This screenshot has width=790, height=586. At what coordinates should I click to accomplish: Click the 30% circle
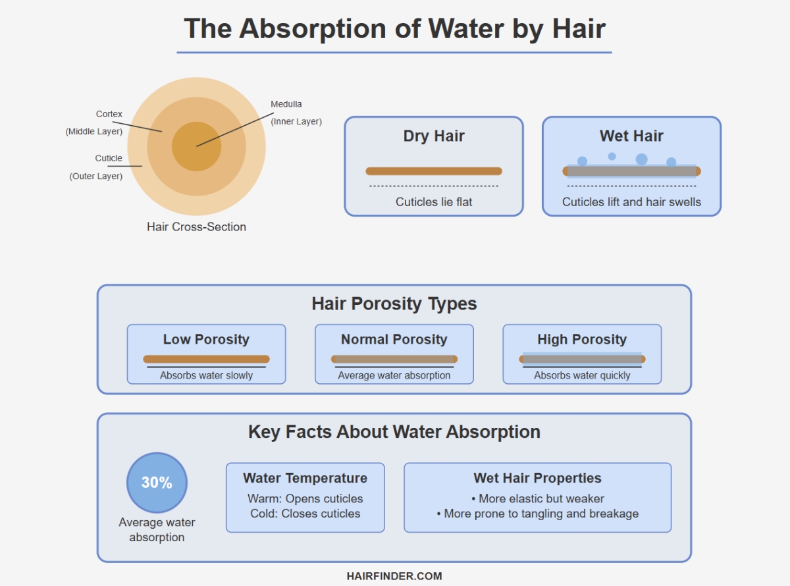pos(157,483)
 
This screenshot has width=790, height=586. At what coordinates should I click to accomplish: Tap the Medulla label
pos(286,105)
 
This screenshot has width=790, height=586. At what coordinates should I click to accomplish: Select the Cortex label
pos(109,114)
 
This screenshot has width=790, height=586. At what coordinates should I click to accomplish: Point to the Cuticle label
pos(109,158)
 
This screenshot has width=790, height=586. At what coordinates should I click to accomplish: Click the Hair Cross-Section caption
pos(196,227)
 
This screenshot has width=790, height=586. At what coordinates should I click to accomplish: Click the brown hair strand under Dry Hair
pos(434,171)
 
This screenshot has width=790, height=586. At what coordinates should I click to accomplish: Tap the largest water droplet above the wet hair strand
pos(641,159)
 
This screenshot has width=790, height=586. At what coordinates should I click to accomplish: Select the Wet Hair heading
pos(631,136)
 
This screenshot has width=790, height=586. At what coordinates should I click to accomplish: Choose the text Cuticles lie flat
pos(434,202)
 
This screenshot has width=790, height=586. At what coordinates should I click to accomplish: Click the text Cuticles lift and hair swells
pos(631,202)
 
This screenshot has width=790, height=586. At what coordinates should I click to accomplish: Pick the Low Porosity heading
pos(206,340)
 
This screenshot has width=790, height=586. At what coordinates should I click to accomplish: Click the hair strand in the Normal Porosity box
pos(394,359)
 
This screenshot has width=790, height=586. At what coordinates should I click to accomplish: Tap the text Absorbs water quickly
pos(582,375)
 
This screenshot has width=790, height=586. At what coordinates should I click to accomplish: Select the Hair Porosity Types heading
pos(394,304)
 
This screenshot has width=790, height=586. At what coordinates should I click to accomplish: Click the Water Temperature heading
pos(305,478)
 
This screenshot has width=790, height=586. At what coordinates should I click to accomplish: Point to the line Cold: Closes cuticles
pos(305,514)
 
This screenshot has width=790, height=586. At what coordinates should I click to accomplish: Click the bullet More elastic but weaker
pos(537,498)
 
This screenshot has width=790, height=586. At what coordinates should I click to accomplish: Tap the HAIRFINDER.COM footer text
pos(394,576)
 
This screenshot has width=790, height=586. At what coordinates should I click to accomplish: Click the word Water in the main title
pos(466,28)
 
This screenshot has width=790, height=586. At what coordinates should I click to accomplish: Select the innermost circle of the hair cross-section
pos(196,146)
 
